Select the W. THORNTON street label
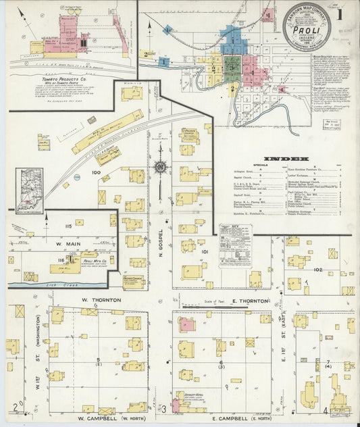tap(101, 299)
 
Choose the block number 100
tap(96, 173)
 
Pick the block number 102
tap(317, 270)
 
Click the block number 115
tap(68, 226)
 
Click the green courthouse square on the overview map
tap(232, 68)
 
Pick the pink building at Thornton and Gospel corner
tap(187, 326)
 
